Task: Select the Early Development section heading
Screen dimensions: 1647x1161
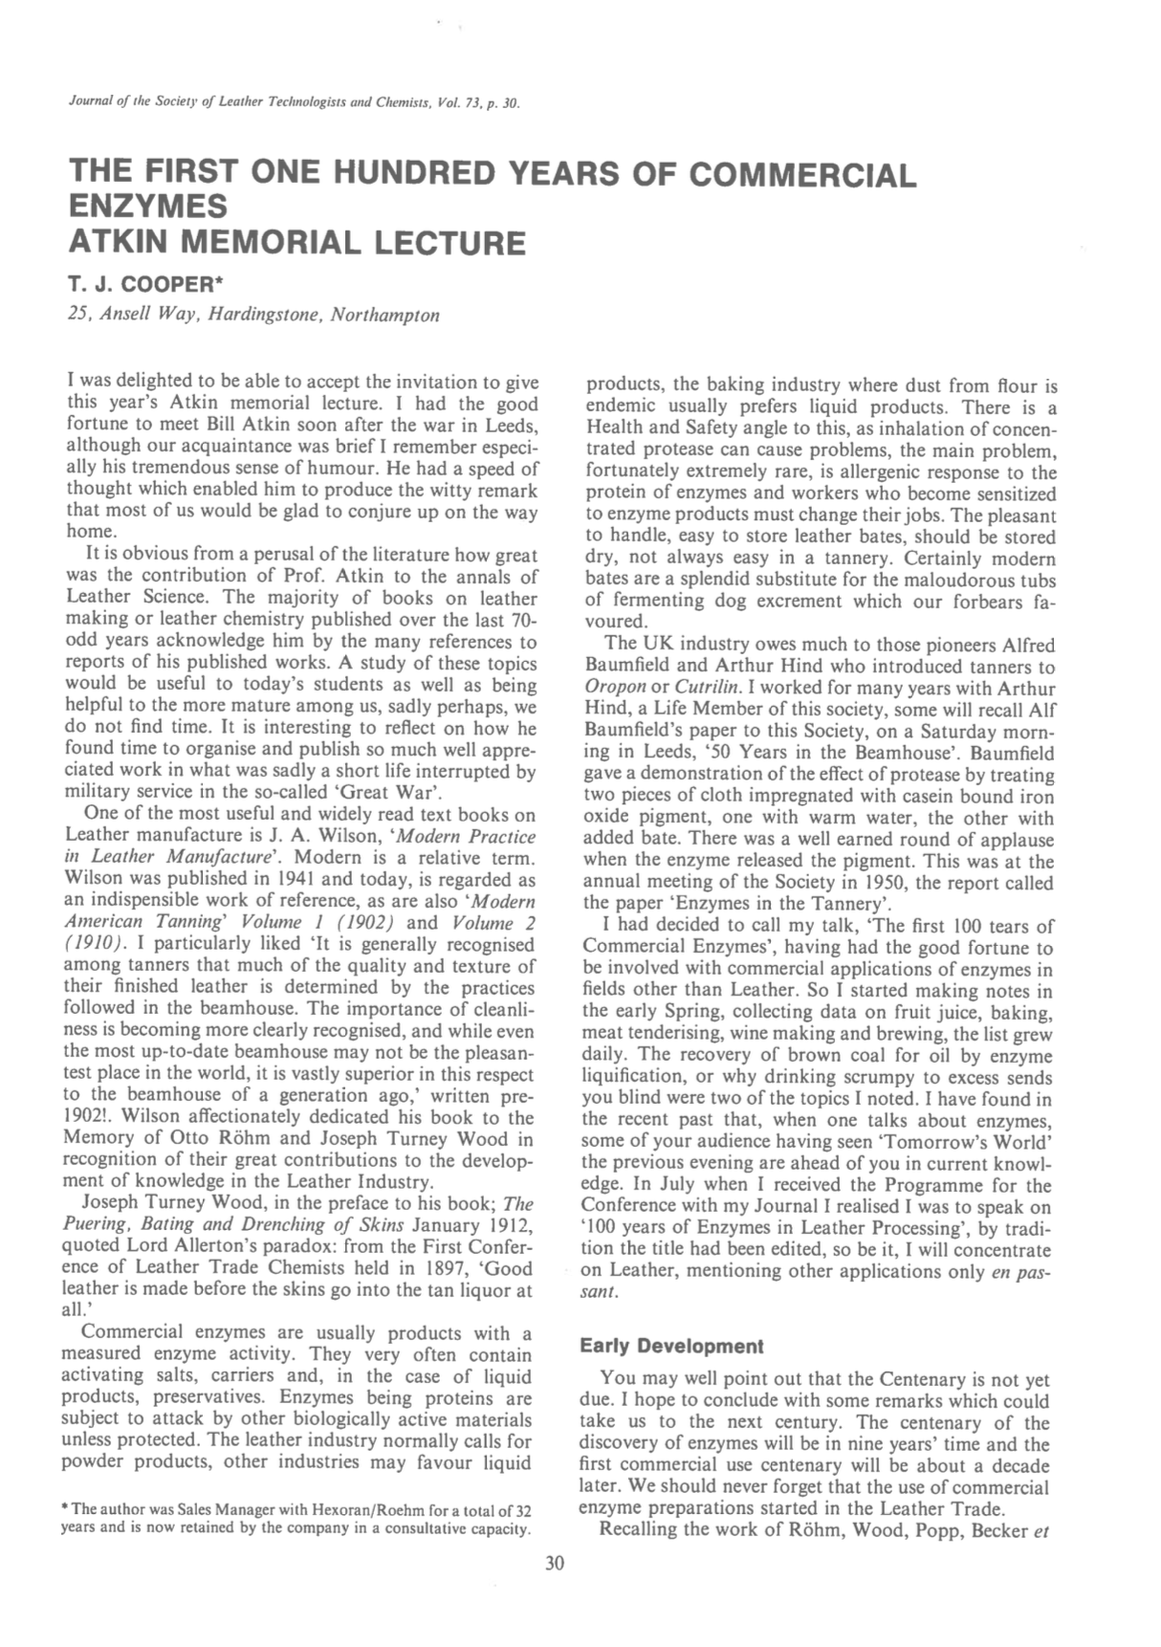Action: [671, 1347]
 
